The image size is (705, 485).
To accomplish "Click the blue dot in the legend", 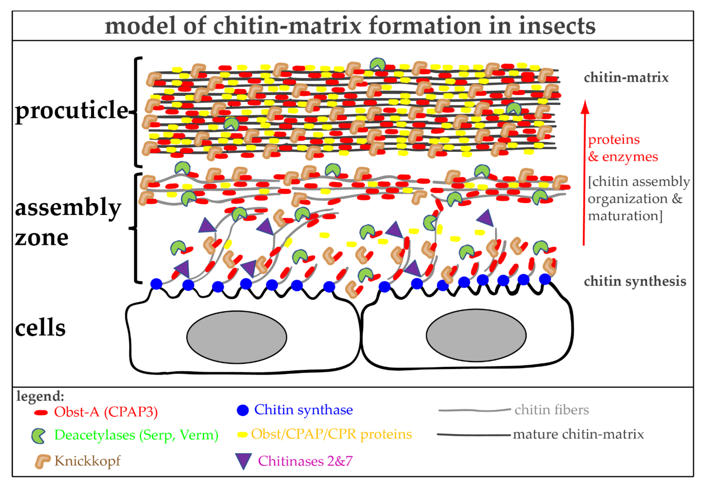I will tap(243, 410).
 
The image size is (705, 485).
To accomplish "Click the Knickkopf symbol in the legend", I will tap(42, 461).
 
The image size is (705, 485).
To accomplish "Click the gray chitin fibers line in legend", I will tap(474, 410).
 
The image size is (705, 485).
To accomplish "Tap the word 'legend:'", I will tap(40, 396).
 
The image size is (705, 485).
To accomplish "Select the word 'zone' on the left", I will tap(42, 239).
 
